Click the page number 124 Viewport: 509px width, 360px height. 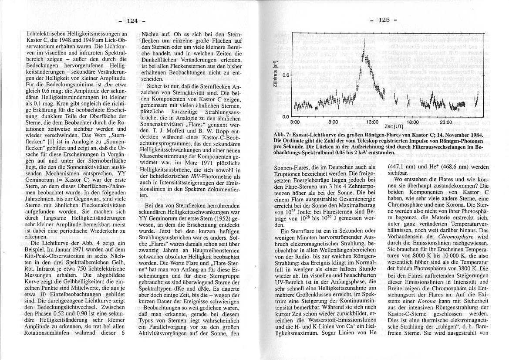tap(132, 20)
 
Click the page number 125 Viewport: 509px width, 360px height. tap(383, 20)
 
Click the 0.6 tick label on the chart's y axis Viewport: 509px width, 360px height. tap(285, 75)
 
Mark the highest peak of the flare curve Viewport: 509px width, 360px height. tap(364, 41)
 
